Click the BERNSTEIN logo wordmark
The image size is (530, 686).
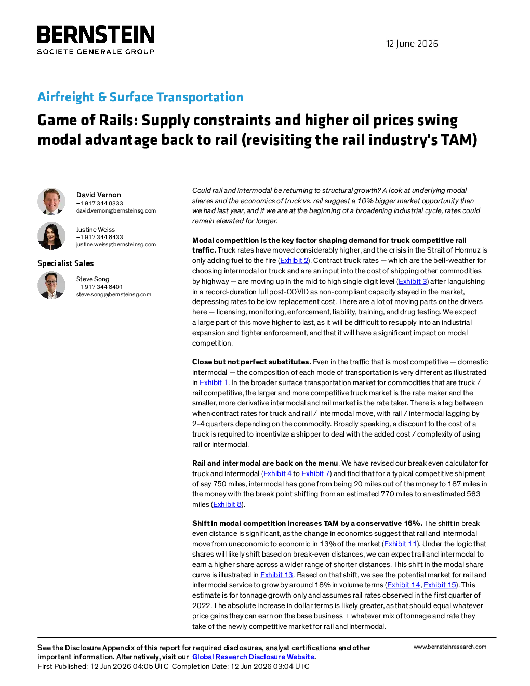(96, 34)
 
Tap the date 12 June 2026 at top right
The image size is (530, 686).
(412, 44)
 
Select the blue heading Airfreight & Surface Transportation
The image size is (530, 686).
(140, 97)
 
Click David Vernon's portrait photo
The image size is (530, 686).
(51, 202)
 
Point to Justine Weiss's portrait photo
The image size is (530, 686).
(51, 236)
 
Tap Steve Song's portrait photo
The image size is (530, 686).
(51, 285)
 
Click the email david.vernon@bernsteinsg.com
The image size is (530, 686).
(116, 210)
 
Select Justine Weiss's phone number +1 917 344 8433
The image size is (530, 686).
(99, 237)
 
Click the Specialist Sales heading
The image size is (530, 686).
(65, 263)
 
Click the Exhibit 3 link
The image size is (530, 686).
(413, 281)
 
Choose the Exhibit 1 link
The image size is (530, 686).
(214, 382)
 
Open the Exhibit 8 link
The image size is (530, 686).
(227, 504)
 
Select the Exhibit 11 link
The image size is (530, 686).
(400, 544)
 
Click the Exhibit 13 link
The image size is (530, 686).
(276, 575)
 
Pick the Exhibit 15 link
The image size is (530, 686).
(440, 585)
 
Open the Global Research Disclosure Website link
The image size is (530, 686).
(253, 657)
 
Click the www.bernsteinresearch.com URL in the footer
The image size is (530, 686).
(450, 647)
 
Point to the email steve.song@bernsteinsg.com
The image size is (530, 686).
(114, 294)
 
